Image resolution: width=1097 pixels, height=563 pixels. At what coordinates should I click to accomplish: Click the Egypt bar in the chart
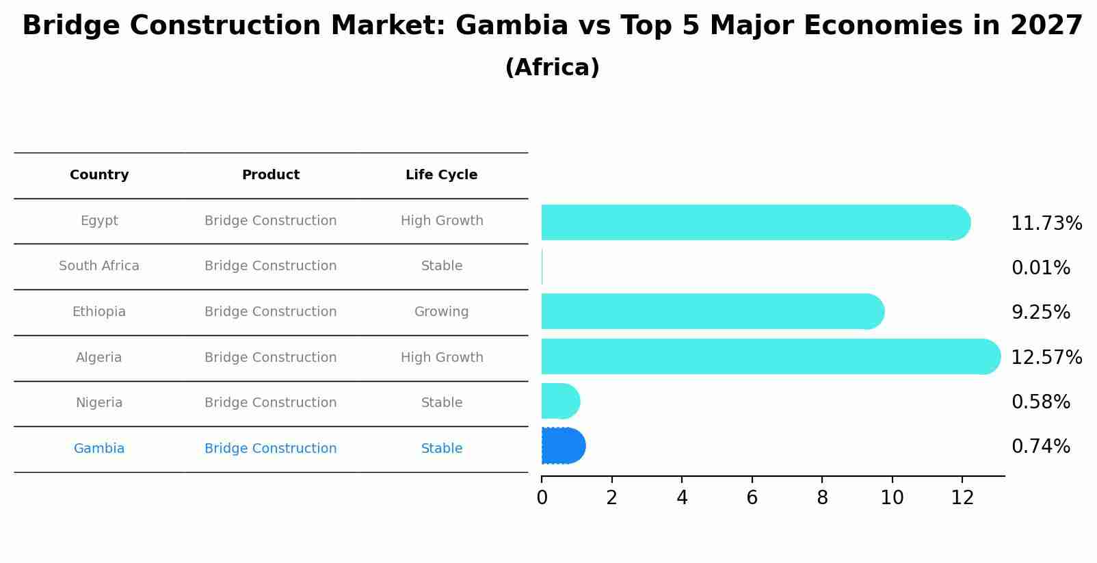point(752,222)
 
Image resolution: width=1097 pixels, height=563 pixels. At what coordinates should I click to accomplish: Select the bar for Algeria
point(766,356)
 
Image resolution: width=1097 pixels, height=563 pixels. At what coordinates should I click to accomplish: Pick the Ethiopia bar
point(711,311)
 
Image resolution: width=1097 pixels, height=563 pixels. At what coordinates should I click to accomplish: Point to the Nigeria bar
point(560,401)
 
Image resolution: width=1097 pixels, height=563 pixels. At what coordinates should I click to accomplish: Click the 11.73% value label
point(1046,224)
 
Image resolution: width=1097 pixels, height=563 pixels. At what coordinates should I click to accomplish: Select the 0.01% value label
point(1040,268)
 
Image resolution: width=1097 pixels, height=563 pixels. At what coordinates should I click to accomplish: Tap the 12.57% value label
point(1046,358)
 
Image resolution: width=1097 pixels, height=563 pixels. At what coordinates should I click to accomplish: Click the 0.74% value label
point(1040,447)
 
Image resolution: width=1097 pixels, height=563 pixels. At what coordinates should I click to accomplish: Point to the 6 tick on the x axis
point(752,498)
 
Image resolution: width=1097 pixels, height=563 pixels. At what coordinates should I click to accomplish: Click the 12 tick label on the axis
point(962,498)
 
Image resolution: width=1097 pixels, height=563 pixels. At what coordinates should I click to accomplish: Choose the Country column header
point(99,175)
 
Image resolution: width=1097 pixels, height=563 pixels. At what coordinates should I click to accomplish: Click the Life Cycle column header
point(441,175)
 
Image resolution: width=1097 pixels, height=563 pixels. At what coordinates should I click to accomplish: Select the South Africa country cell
point(99,266)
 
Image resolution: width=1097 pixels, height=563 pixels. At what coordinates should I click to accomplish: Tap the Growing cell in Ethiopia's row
point(441,312)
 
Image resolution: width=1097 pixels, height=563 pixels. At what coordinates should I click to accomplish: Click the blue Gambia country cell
point(99,449)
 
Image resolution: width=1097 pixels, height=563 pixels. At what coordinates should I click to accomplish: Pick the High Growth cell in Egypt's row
point(441,221)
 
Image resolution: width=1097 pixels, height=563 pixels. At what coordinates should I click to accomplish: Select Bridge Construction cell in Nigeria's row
point(270,403)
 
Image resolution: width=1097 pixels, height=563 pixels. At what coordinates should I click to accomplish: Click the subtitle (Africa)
point(552,68)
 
